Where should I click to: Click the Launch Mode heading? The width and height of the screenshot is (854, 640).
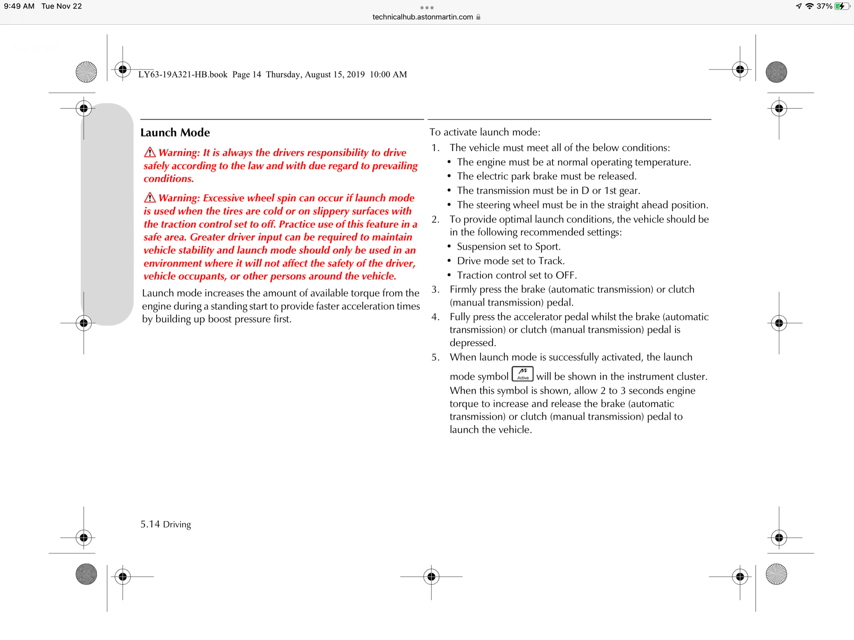tap(175, 133)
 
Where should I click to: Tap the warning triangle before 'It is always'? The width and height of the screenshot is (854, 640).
tap(149, 152)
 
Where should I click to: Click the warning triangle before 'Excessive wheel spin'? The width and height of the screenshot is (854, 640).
tap(149, 197)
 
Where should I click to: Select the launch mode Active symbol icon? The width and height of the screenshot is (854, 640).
tap(523, 374)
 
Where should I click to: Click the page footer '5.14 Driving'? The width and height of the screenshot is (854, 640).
tap(166, 524)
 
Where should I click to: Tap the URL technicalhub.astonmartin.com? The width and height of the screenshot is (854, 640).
tap(422, 17)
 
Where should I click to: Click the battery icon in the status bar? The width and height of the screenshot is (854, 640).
tap(842, 6)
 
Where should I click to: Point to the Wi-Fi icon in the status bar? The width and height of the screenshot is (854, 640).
tap(809, 6)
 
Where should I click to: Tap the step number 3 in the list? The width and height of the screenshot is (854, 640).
tap(435, 289)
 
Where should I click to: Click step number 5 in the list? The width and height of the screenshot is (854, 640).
tap(435, 357)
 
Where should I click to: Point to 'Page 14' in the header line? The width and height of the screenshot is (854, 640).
tap(246, 75)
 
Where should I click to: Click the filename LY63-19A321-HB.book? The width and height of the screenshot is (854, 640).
tap(183, 75)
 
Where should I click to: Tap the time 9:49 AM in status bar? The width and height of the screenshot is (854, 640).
tap(19, 6)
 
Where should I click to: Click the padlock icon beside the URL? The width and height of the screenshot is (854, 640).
tap(478, 17)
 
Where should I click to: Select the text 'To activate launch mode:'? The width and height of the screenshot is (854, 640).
tap(485, 132)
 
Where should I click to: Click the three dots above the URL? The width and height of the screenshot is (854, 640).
tap(427, 8)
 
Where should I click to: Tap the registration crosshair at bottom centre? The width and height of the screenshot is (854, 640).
tap(431, 577)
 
